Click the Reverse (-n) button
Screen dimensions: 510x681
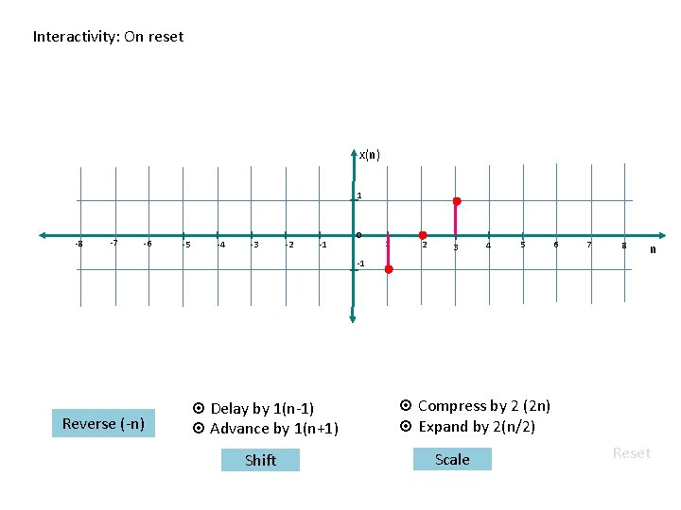click(x=103, y=423)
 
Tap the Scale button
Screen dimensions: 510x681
click(x=452, y=460)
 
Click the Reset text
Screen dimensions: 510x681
click(x=631, y=453)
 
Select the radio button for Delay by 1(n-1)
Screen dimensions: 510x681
click(x=199, y=409)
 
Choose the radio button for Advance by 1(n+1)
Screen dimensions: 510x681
click(x=199, y=429)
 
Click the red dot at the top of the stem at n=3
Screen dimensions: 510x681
click(x=457, y=202)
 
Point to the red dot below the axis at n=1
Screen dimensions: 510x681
click(x=388, y=269)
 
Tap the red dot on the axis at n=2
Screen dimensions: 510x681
click(x=423, y=235)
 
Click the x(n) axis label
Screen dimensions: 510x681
click(x=369, y=155)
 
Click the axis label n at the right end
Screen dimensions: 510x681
click(x=653, y=249)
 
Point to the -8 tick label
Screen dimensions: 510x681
click(x=79, y=244)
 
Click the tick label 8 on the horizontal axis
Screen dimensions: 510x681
click(x=624, y=246)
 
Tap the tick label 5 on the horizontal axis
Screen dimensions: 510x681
click(x=522, y=245)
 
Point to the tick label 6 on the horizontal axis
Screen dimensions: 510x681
click(x=556, y=244)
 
